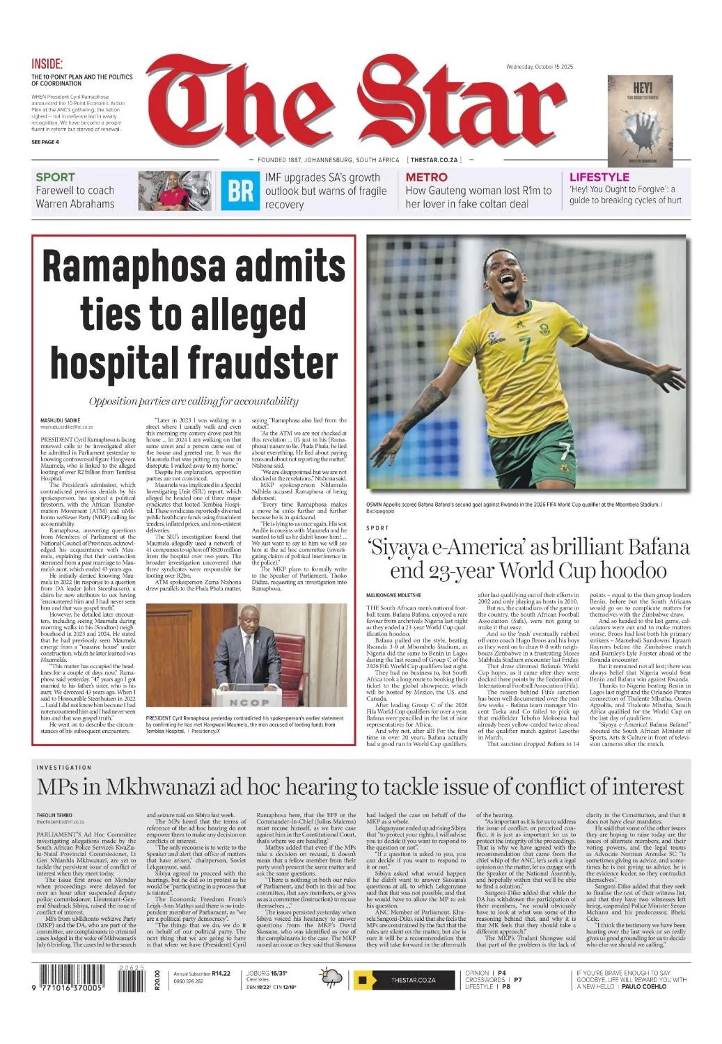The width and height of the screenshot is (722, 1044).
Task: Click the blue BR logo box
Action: click(240, 191)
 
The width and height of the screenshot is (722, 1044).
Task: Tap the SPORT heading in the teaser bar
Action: click(55, 177)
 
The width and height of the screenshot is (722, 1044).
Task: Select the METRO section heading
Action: click(426, 177)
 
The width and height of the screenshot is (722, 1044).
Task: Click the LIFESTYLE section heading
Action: click(599, 177)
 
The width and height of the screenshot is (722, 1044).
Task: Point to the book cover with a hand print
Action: click(640, 120)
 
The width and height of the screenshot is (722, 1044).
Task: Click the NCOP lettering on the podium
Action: click(249, 702)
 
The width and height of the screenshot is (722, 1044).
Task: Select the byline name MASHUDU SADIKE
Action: click(60, 420)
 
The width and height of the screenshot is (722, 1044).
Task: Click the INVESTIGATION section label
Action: click(64, 768)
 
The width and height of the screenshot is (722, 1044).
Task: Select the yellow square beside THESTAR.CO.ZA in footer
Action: click(362, 980)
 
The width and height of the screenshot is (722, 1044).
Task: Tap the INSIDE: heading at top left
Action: click(47, 63)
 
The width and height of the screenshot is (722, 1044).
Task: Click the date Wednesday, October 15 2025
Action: click(539, 67)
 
